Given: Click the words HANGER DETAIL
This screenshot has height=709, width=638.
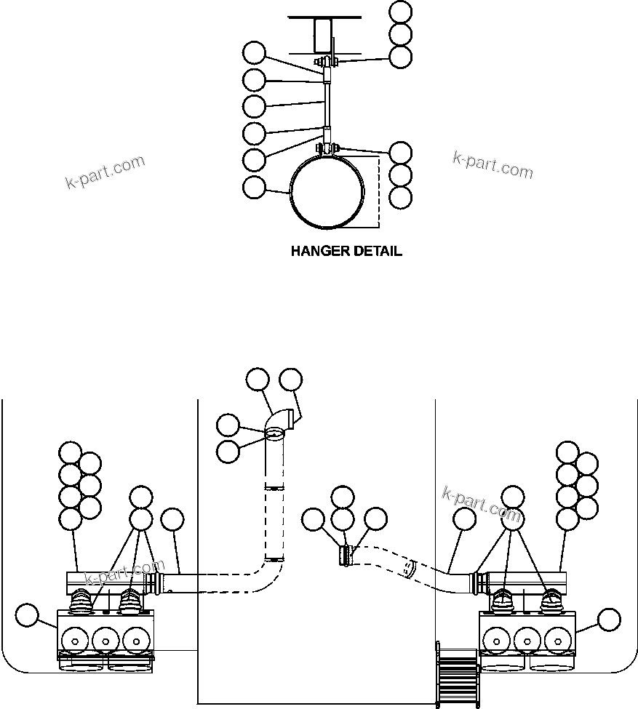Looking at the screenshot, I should tap(346, 252).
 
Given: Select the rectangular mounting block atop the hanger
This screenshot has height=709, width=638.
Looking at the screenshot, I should tap(323, 35).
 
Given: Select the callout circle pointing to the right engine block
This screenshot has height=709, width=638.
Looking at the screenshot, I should tap(609, 620).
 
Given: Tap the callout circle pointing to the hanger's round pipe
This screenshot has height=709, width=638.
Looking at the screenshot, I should tap(254, 187).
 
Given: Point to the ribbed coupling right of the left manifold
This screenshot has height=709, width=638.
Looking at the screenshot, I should tap(153, 583).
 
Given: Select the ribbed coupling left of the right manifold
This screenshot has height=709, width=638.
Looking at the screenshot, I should tap(481, 582).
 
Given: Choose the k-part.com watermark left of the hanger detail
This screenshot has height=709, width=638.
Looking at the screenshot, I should tap(105, 172).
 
